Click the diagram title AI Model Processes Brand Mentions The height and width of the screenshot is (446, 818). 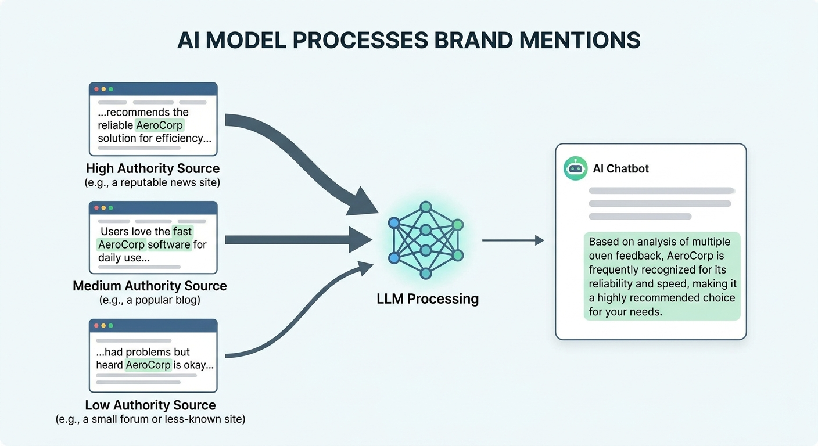408,40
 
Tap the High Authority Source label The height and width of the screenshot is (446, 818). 153,169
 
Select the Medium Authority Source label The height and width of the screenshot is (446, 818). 150,286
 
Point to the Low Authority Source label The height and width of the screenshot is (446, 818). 150,405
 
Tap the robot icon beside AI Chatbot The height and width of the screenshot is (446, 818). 575,168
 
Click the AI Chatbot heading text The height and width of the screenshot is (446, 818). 620,169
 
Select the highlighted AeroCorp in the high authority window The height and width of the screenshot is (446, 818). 159,125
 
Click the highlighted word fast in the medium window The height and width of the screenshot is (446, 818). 182,231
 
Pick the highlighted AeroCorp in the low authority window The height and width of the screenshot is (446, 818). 148,365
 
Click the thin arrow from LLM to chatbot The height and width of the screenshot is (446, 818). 511,240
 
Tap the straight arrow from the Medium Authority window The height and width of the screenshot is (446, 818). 296,240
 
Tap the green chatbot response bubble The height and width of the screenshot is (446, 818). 662,276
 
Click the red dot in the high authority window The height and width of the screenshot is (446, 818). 96,89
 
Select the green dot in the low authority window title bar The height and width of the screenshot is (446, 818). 111,326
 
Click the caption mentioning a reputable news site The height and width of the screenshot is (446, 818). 152,183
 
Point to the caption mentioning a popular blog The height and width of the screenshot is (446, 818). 150,300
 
